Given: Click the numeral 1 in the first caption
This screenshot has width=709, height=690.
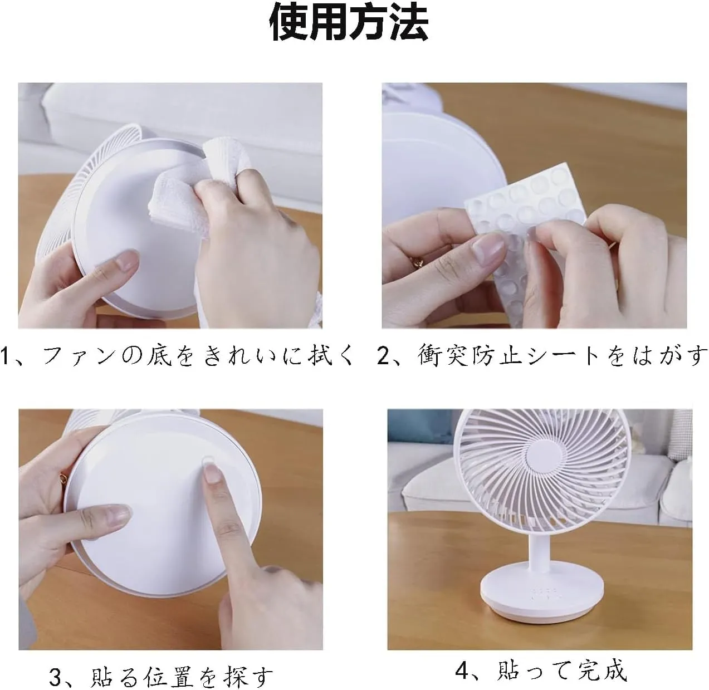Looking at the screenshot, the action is (5, 356).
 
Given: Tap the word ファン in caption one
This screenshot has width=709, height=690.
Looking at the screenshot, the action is (79, 356).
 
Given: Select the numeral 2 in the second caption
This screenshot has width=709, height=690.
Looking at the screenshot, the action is (384, 356).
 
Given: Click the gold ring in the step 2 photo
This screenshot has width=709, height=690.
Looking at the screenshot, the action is (417, 261).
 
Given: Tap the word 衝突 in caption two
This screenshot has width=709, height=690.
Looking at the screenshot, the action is (442, 356).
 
